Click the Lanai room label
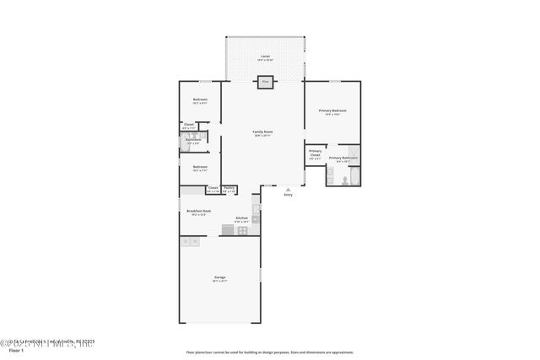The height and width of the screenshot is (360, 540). [265, 58]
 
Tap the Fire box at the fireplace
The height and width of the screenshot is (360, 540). [265, 82]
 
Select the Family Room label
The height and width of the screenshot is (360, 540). [263, 132]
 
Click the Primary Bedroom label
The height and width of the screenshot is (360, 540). [332, 111]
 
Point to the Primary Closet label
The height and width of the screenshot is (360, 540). [315, 153]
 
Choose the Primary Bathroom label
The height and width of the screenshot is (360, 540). [343, 159]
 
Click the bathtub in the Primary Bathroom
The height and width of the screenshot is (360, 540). [354, 176]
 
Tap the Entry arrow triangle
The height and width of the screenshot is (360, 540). [289, 189]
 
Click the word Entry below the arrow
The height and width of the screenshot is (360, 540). [289, 196]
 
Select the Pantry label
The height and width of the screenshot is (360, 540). [229, 188]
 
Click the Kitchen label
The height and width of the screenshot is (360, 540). [240, 218]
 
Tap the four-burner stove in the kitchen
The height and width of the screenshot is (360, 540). [243, 229]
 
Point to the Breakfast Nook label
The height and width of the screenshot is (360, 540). [200, 212]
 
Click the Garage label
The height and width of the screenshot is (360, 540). [219, 277]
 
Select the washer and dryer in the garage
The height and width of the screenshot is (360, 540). [190, 242]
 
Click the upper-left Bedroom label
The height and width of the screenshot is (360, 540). [200, 100]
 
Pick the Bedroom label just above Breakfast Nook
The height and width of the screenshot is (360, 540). [200, 167]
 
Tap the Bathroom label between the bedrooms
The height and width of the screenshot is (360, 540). [193, 140]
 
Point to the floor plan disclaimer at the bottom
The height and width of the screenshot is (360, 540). [269, 352]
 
